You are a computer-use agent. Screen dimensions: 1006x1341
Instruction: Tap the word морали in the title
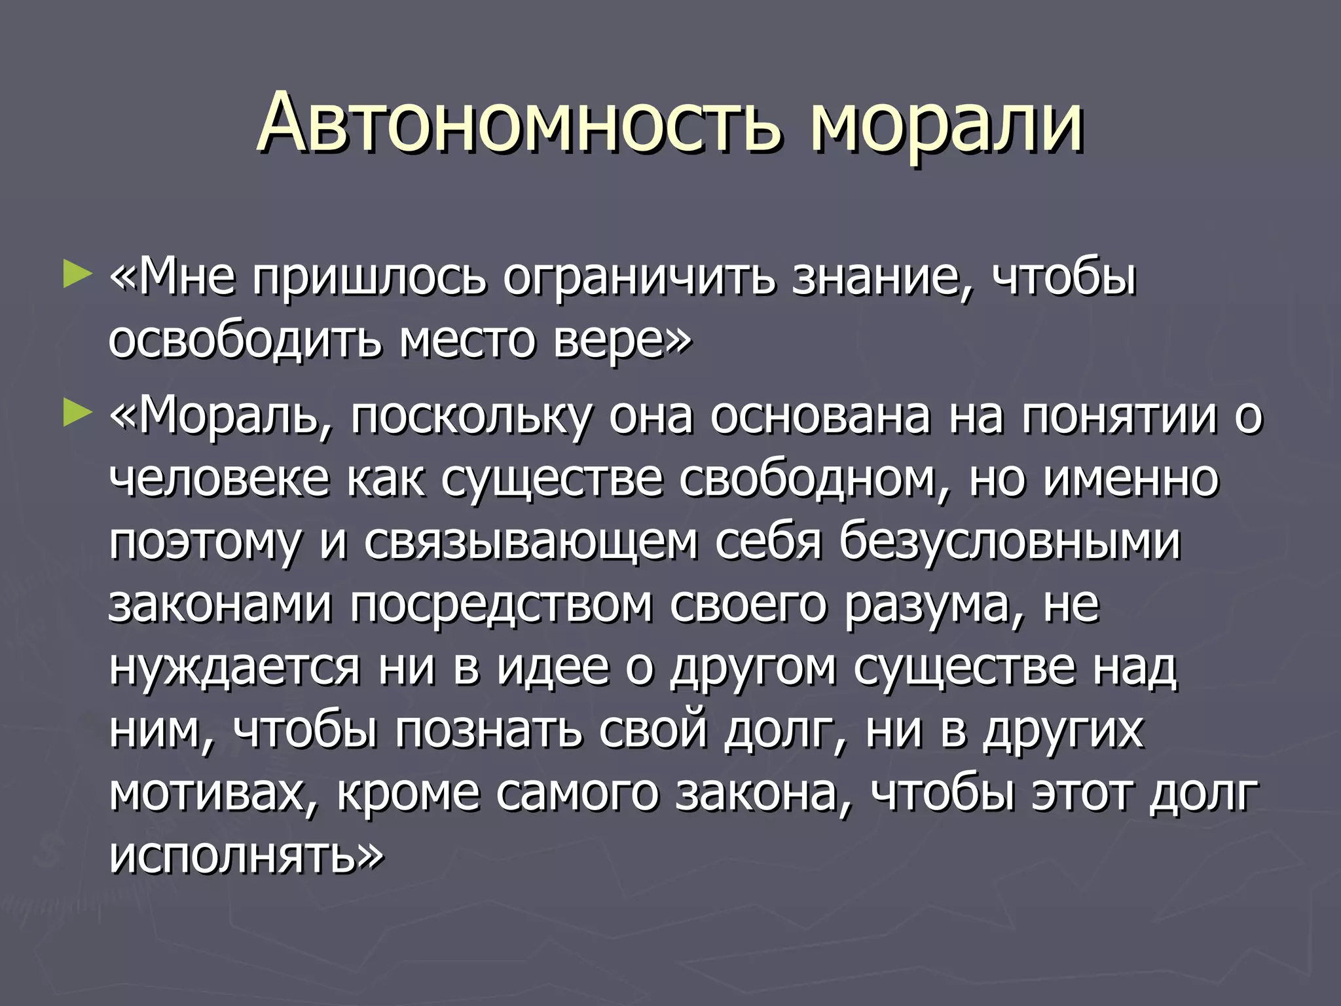pyautogui.click(x=946, y=122)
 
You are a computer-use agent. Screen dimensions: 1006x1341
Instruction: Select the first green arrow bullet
pyautogui.click(x=77, y=274)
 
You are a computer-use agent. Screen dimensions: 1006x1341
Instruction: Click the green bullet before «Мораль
pyautogui.click(x=77, y=415)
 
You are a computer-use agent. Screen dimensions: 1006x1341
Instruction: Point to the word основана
pyautogui.click(x=820, y=417)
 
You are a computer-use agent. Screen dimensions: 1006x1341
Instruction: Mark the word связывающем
pyautogui.click(x=531, y=543)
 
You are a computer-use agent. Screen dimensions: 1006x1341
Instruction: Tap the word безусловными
pyautogui.click(x=1010, y=543)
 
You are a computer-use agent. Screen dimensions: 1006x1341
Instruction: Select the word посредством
pyautogui.click(x=501, y=605)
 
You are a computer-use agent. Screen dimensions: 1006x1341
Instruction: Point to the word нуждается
pyautogui.click(x=234, y=668)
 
